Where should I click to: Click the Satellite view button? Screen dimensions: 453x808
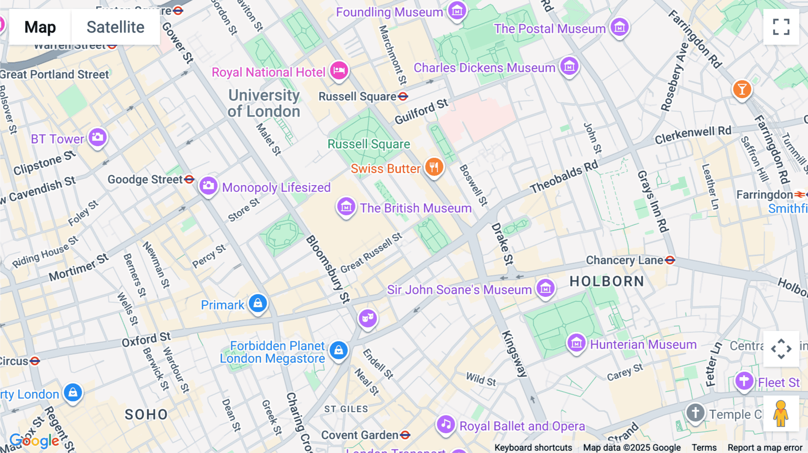point(115,27)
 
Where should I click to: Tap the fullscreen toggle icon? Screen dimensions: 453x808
point(781,27)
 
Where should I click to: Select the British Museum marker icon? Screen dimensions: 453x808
point(346,207)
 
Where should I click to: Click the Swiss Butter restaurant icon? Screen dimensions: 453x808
point(434,167)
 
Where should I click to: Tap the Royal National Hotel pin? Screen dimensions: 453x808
point(339,71)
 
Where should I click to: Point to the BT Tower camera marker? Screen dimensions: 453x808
point(97,137)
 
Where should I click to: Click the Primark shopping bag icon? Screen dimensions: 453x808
point(258,304)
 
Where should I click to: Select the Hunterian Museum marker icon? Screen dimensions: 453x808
point(576,344)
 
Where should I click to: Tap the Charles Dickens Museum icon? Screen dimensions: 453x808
point(569,67)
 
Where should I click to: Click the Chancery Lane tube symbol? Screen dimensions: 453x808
point(670,260)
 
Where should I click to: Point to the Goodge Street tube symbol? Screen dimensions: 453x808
point(189,179)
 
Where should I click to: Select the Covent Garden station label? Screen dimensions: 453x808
point(360,435)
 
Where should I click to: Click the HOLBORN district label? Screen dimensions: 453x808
point(606,282)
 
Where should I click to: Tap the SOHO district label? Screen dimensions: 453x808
point(146,414)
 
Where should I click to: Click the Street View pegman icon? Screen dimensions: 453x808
point(781,414)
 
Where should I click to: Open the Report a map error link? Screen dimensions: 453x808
point(764,448)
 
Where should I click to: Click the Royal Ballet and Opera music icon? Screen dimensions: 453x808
point(446,424)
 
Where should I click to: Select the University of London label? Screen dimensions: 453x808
point(264,103)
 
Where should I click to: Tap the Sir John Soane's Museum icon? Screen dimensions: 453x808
point(545,288)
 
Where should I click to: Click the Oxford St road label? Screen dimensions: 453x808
point(146,340)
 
